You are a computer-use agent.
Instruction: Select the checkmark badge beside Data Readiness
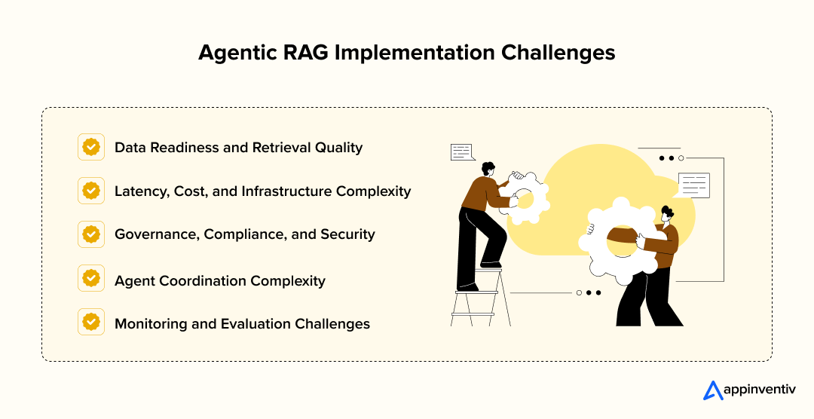(x=91, y=147)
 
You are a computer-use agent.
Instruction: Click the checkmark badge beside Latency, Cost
(x=91, y=191)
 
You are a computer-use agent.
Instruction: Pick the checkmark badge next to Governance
(x=91, y=234)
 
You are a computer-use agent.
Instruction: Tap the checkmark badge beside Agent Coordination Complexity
(x=91, y=279)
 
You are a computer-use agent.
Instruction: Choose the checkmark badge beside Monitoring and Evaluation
(x=91, y=323)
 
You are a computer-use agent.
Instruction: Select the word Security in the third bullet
(x=347, y=234)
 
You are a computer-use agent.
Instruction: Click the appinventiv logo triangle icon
(x=712, y=390)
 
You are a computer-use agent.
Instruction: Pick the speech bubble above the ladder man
(x=461, y=152)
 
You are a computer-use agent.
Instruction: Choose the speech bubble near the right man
(x=693, y=184)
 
